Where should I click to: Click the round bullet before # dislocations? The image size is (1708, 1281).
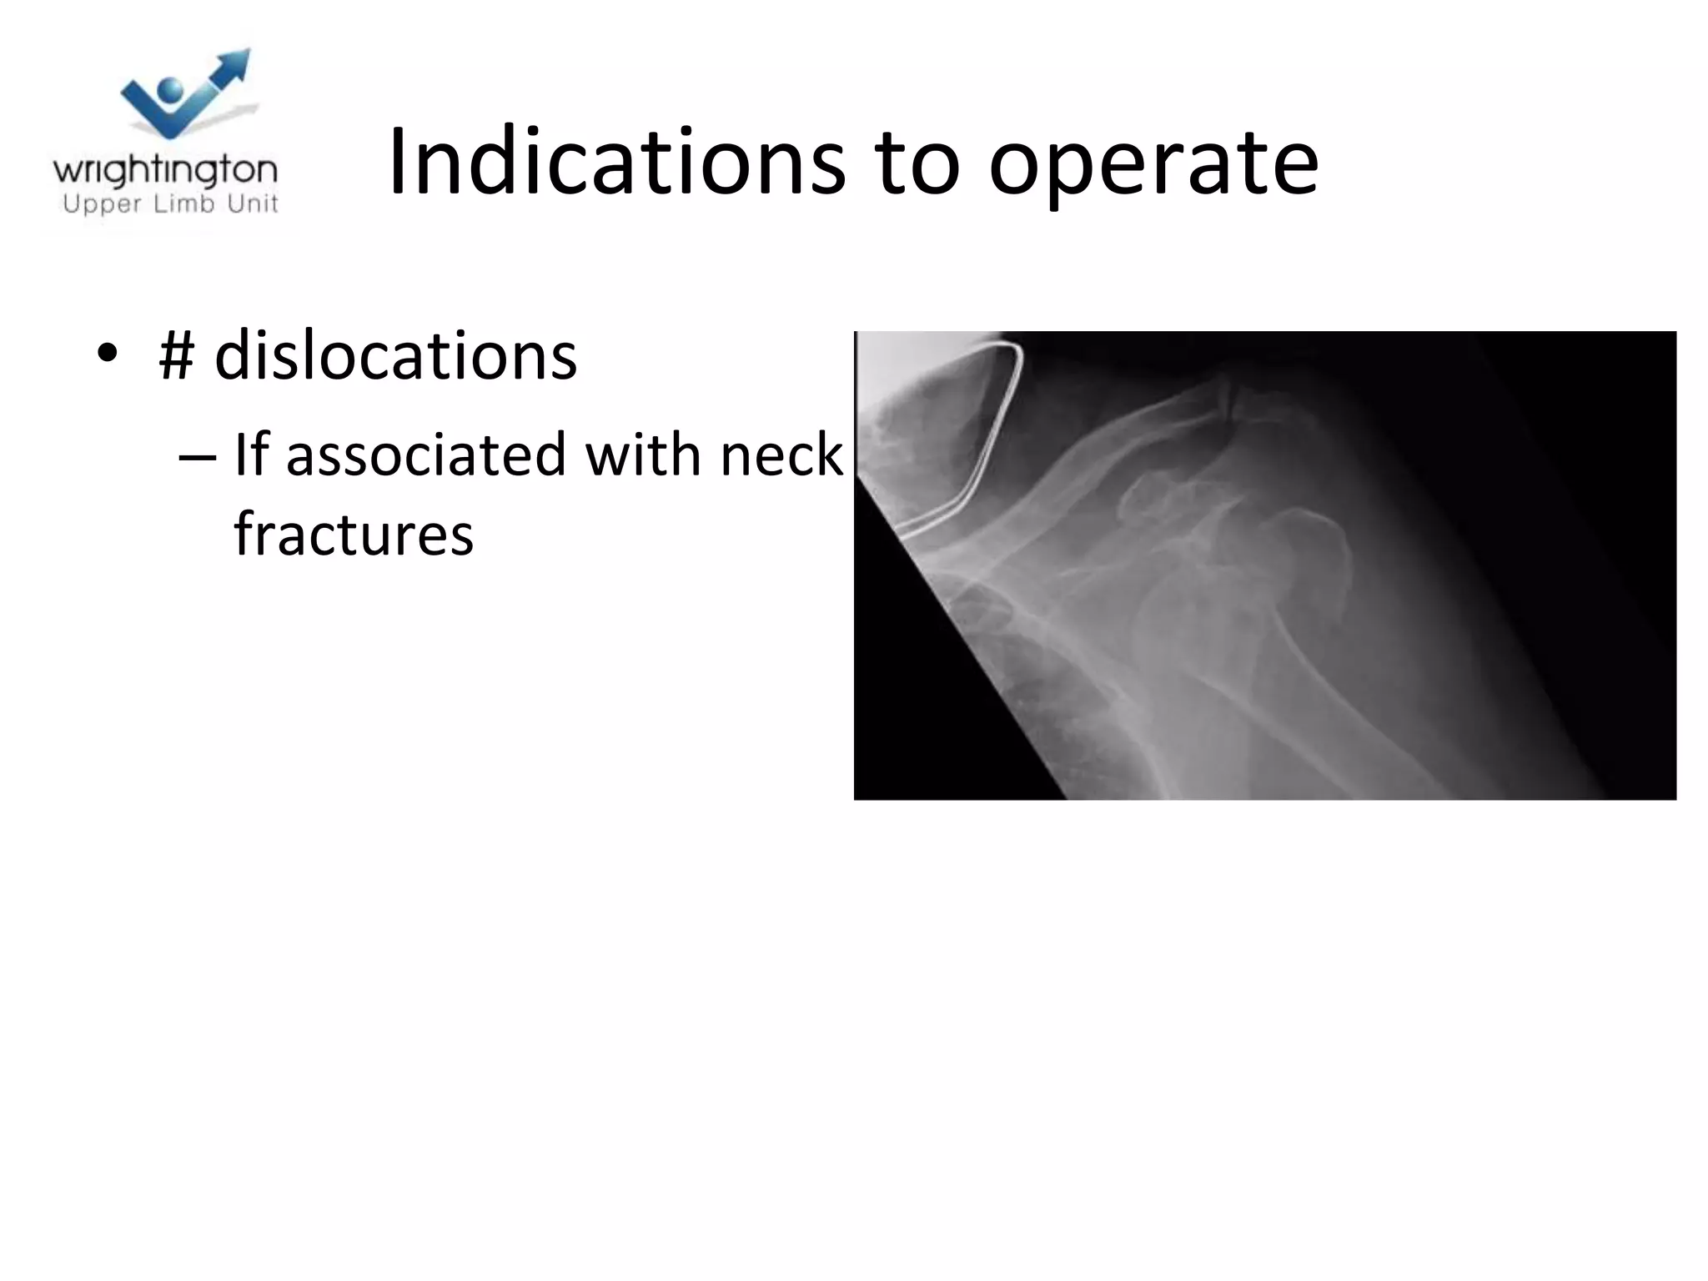(x=107, y=354)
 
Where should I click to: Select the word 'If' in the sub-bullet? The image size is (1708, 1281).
(x=249, y=455)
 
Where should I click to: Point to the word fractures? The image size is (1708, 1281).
(x=354, y=533)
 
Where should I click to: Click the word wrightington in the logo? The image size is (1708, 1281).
(x=165, y=171)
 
